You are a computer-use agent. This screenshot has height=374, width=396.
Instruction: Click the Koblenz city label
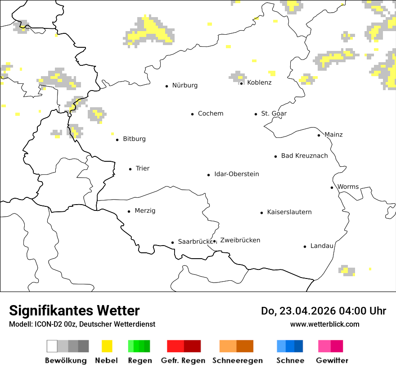click(259, 82)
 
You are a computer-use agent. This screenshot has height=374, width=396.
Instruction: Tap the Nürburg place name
click(184, 85)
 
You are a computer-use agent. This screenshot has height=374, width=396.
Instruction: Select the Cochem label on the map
click(210, 114)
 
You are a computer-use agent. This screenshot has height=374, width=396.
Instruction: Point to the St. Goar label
click(274, 114)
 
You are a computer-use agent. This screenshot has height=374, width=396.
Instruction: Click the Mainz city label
click(333, 135)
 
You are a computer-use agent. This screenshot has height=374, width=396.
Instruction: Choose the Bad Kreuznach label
click(304, 156)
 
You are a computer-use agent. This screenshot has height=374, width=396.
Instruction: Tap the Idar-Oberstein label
click(236, 174)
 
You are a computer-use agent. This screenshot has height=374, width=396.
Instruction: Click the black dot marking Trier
click(130, 169)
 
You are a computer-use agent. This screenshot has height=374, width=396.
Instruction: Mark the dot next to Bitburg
click(117, 140)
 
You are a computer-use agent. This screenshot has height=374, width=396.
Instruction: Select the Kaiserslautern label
click(289, 212)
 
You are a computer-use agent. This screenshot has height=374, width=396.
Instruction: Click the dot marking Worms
click(332, 187)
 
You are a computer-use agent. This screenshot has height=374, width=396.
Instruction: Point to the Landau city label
click(322, 246)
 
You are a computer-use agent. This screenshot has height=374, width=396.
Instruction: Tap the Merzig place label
click(145, 211)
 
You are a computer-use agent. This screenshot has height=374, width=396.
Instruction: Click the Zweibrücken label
click(240, 240)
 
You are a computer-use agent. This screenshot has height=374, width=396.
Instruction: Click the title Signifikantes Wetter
click(74, 310)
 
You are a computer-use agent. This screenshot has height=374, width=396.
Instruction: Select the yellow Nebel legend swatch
click(107, 346)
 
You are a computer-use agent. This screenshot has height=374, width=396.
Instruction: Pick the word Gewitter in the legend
click(332, 360)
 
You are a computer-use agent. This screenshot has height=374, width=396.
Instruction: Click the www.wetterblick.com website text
click(324, 324)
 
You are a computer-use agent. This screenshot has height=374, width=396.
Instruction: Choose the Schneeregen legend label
click(238, 360)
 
